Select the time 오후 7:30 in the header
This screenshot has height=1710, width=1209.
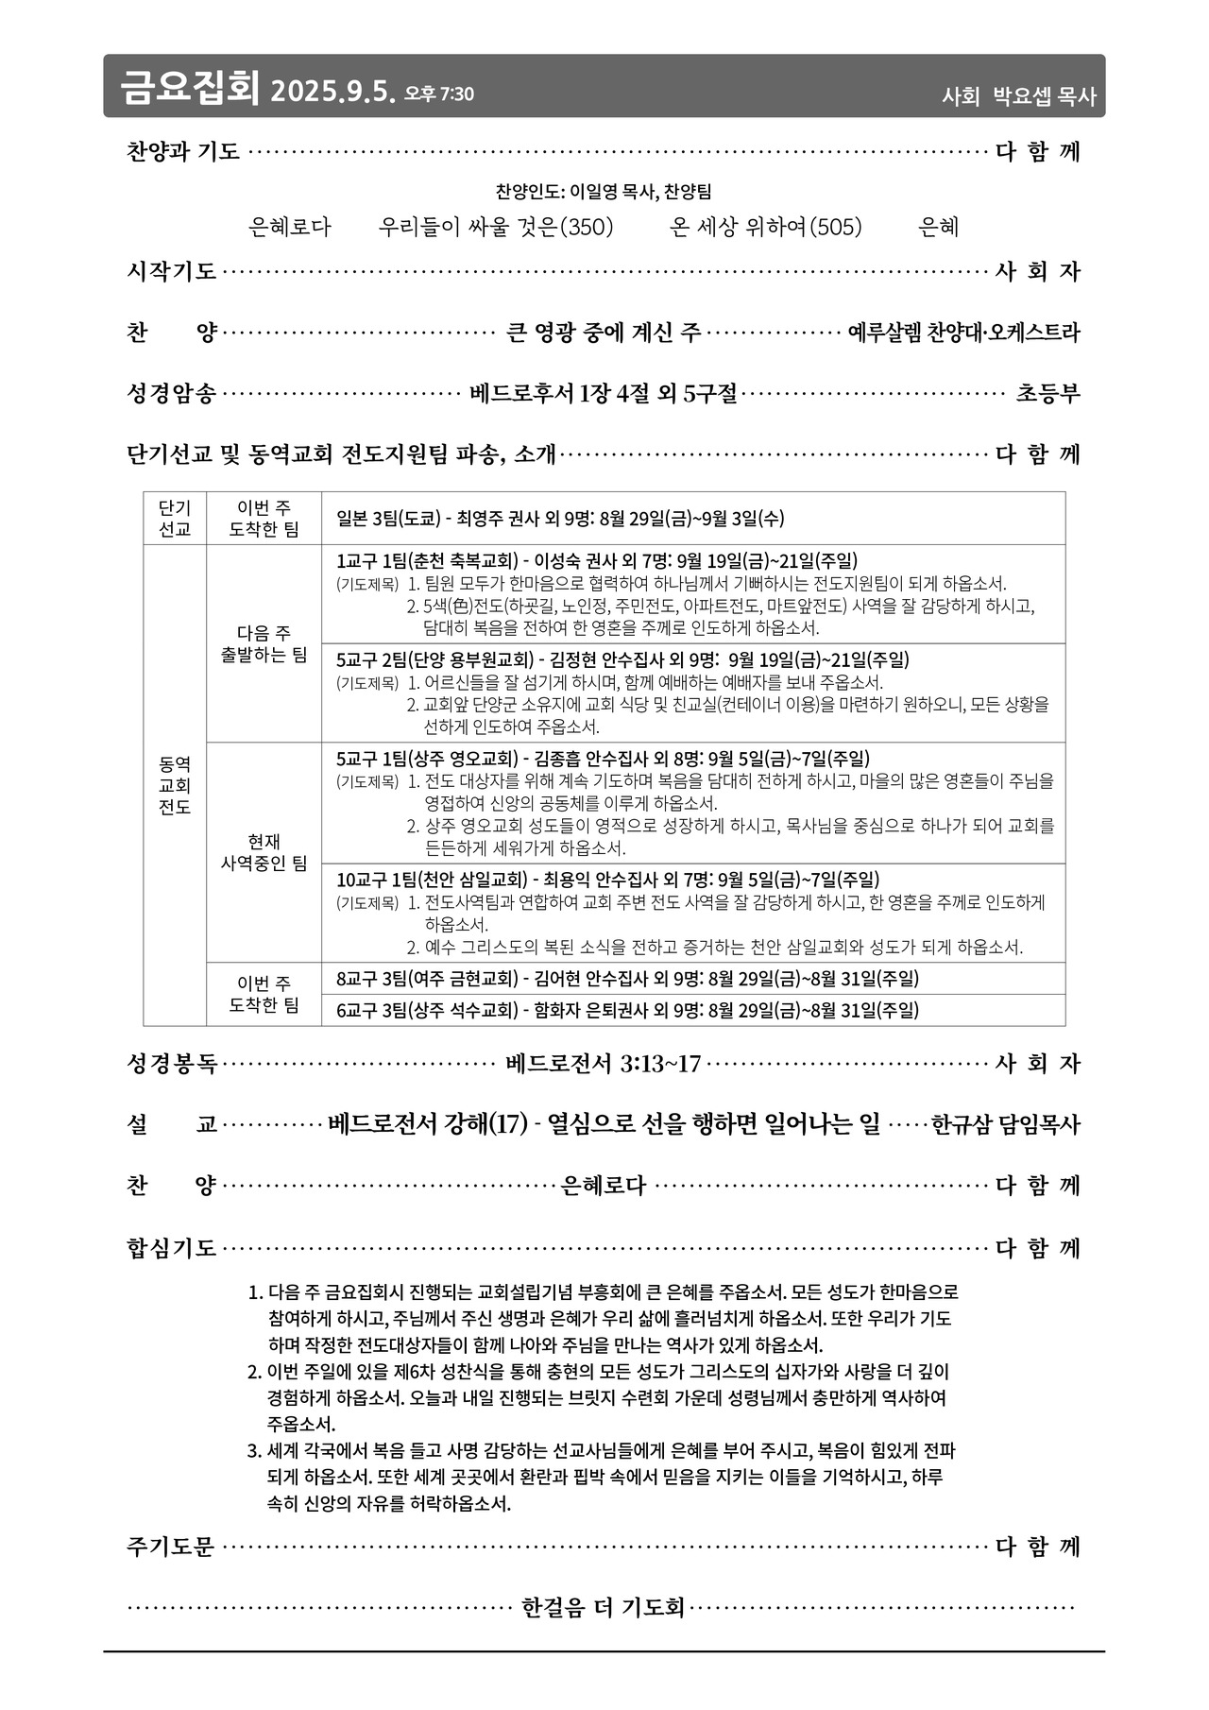tap(439, 94)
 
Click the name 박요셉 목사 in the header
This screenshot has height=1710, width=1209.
tap(1045, 95)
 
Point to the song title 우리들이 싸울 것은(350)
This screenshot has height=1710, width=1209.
tap(496, 227)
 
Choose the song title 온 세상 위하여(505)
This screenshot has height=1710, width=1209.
tap(766, 227)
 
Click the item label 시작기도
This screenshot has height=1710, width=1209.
tap(172, 272)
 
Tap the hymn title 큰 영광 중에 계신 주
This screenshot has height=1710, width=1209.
tap(604, 333)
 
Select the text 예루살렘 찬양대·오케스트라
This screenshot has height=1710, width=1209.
tap(963, 333)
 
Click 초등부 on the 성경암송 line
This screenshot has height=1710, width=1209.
tap(1047, 393)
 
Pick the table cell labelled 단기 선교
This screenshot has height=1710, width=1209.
tap(175, 519)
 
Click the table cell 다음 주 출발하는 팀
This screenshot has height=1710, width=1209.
tap(264, 643)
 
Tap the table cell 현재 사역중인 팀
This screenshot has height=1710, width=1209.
tap(264, 852)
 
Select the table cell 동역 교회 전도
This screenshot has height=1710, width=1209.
tap(175, 785)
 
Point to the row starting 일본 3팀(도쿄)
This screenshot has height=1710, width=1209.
tap(560, 519)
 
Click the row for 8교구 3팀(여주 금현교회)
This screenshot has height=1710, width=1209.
tap(627, 979)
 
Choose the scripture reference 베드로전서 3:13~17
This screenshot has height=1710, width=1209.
tap(604, 1064)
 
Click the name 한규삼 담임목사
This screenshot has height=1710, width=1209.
tap(1005, 1124)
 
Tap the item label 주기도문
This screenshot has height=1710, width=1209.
tap(171, 1547)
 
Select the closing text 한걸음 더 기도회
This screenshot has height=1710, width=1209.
tap(603, 1607)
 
